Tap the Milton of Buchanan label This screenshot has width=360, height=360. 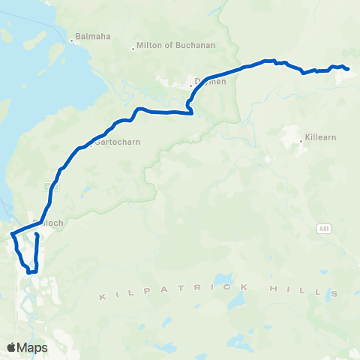tap(175, 45)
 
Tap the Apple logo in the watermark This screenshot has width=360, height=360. tap(11, 347)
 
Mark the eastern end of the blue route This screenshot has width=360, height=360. tap(349, 71)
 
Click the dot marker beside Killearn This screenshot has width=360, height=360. tap(302, 139)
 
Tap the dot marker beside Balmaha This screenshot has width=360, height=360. tap(72, 40)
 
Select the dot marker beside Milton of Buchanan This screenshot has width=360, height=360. tap(133, 49)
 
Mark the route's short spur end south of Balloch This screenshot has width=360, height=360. tap(37, 235)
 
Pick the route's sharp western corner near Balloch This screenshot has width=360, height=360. tap(11, 236)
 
